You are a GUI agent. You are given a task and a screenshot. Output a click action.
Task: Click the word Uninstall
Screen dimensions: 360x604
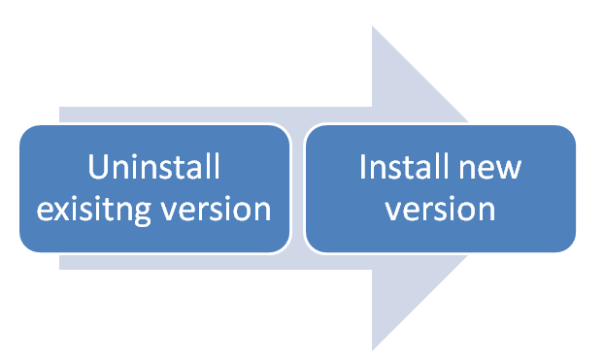click(x=153, y=167)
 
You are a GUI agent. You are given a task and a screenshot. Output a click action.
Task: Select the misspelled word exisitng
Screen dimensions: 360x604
click(x=91, y=209)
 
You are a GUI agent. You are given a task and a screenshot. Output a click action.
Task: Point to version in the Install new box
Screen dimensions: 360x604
click(x=441, y=209)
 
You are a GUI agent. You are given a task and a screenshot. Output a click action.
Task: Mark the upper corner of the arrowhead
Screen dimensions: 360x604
click(x=374, y=28)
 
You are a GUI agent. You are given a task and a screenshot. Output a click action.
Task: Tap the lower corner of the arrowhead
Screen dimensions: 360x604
click(x=374, y=347)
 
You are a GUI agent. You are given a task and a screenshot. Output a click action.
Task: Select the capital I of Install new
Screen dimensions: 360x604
click(x=363, y=167)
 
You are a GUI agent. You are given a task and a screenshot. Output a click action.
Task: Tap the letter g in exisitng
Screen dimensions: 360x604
click(x=134, y=213)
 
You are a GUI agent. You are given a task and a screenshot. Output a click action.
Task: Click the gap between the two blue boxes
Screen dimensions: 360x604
click(x=298, y=188)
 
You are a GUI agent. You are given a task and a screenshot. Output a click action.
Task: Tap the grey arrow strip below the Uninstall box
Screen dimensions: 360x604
click(x=194, y=262)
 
